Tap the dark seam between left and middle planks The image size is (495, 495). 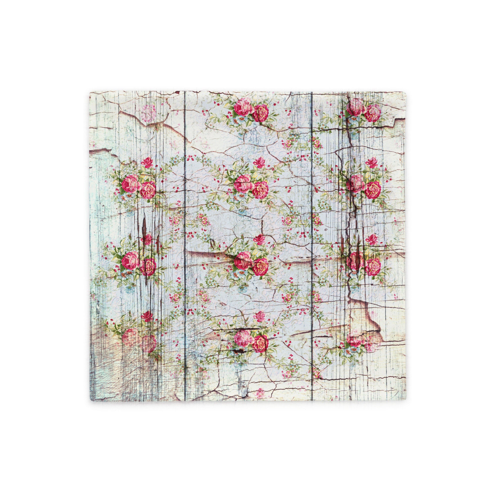pyautogui.click(x=185, y=231)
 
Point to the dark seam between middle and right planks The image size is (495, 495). pyautogui.click(x=312, y=231)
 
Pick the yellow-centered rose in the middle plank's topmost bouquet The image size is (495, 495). pyautogui.click(x=261, y=113)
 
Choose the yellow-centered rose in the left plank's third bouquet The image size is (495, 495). pyautogui.click(x=148, y=267)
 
